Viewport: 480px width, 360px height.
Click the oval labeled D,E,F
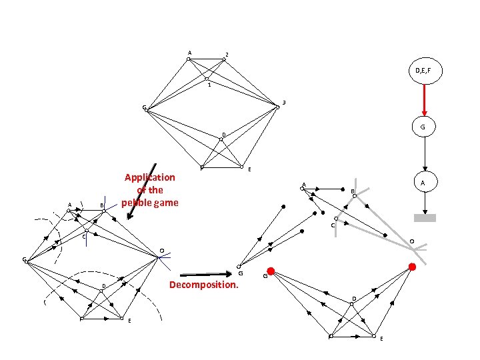(x=425, y=71)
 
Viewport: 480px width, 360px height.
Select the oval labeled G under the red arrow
(x=423, y=127)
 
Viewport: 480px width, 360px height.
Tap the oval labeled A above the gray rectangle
(x=424, y=182)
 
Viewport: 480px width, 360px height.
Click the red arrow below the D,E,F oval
(x=425, y=100)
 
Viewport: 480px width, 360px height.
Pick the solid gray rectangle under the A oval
(x=425, y=217)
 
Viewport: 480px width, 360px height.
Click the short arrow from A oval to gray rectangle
(x=424, y=203)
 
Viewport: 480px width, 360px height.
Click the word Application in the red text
(x=150, y=177)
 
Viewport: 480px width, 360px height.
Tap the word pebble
(x=139, y=202)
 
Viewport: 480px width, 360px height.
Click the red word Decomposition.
(x=204, y=285)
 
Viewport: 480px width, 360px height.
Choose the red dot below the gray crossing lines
(x=412, y=267)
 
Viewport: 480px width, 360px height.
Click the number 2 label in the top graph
(x=227, y=54)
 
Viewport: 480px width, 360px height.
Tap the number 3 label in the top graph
(x=284, y=102)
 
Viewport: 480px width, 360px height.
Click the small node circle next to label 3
(x=277, y=107)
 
